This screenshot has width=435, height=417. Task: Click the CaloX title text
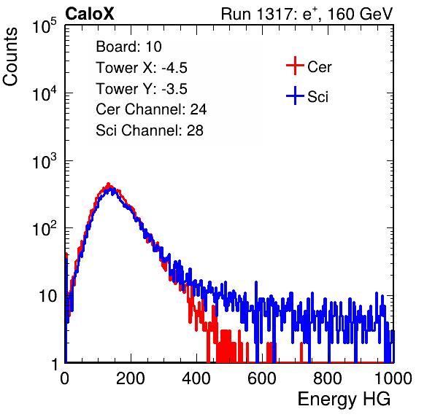(x=90, y=14)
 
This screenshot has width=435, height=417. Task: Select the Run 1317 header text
(x=307, y=14)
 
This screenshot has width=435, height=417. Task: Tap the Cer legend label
(x=319, y=67)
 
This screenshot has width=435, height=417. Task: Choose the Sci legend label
(x=318, y=97)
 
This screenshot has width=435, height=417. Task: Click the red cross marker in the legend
(x=295, y=66)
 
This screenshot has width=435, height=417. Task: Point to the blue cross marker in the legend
(x=295, y=96)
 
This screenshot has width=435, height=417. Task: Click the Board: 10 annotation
(x=128, y=47)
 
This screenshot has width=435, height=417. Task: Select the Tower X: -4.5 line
(x=142, y=68)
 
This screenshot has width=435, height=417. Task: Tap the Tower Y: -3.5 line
(x=142, y=89)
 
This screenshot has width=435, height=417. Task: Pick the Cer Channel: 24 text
(x=151, y=109)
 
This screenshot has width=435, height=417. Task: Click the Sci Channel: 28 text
(x=150, y=130)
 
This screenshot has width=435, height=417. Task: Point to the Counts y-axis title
(x=10, y=57)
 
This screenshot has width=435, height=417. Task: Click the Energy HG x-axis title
(x=344, y=400)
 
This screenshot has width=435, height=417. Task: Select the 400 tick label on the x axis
(x=196, y=378)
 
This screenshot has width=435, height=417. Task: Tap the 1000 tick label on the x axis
(x=393, y=378)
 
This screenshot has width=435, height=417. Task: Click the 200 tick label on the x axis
(x=131, y=378)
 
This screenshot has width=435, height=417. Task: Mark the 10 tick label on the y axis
(x=47, y=296)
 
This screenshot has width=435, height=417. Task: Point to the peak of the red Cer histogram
(x=109, y=184)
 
